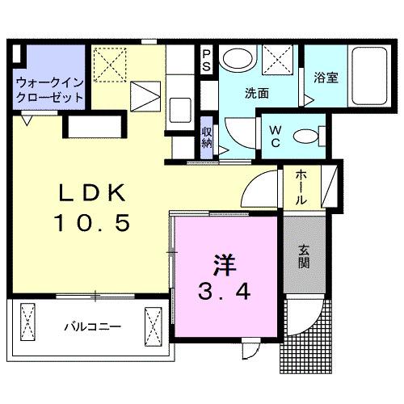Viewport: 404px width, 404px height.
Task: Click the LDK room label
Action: [x=90, y=195]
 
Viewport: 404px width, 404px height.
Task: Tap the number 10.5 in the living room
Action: [x=91, y=222]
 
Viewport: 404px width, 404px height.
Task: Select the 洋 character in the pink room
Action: [x=225, y=263]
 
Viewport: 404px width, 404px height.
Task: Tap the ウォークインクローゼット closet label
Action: [x=49, y=90]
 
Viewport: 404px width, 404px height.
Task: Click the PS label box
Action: [x=207, y=61]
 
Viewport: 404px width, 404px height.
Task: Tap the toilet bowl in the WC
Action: [x=305, y=137]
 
